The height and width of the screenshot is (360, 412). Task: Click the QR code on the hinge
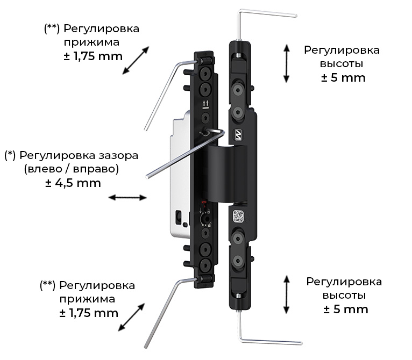tap(238, 216)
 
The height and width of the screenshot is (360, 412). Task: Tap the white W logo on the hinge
tap(239, 135)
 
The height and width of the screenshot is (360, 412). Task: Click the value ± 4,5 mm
tap(73, 183)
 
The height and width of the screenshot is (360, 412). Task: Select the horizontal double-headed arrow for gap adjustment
tap(127, 197)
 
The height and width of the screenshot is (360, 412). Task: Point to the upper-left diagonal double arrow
tap(136, 60)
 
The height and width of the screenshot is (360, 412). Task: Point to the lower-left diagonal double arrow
tap(132, 317)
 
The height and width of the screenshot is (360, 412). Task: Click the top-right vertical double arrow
tap(287, 63)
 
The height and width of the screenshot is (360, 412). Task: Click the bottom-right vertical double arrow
tap(287, 294)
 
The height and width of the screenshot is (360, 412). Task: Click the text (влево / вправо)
tap(72, 169)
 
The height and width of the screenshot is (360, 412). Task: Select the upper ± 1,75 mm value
tap(93, 56)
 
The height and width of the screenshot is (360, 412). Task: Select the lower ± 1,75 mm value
tap(89, 313)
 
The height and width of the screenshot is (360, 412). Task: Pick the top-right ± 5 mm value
tap(343, 78)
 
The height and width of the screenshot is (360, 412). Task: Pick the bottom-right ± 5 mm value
tap(346, 309)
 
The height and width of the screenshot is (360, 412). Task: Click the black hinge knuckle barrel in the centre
tap(227, 174)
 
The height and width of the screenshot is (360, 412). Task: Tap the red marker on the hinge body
tap(204, 203)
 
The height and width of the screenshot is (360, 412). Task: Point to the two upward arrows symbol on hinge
tap(206, 105)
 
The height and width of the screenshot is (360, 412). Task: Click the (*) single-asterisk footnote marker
tap(10, 156)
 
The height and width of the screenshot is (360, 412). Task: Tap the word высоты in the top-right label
tap(342, 64)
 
